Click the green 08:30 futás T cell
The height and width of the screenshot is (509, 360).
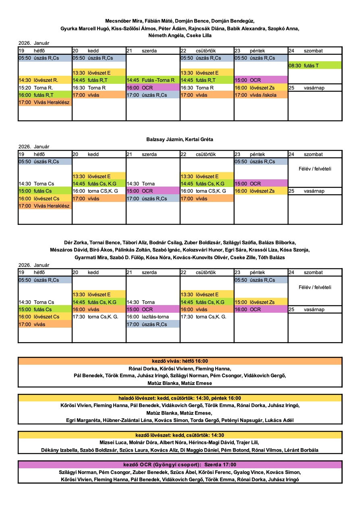click(315, 65)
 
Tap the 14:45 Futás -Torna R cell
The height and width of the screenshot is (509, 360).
click(153, 80)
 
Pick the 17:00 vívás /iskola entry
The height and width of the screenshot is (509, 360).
click(260, 95)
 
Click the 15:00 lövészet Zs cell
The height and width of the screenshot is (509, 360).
click(260, 302)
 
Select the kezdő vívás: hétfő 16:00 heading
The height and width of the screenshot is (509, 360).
click(180, 361)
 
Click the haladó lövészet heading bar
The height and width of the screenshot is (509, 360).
click(180, 398)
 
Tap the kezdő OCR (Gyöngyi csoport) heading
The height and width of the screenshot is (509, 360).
click(180, 465)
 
